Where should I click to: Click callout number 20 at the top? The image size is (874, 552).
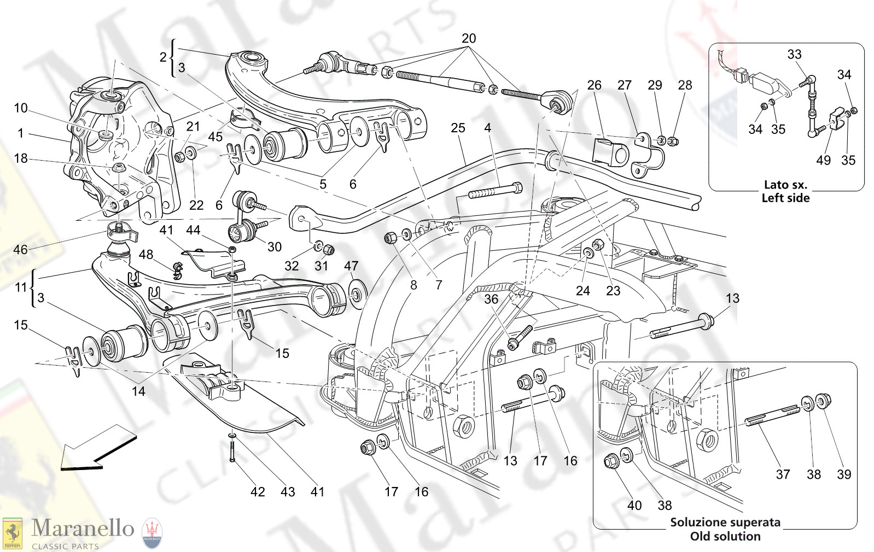[x=469, y=39]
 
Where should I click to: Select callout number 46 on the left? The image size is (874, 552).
[x=20, y=250]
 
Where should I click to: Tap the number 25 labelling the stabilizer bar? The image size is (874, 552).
[x=458, y=128]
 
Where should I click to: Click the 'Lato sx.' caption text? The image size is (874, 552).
[x=785, y=185]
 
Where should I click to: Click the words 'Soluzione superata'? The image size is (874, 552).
[x=725, y=522]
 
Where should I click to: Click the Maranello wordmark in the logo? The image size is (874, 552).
[x=83, y=528]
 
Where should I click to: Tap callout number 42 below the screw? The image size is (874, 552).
[x=258, y=492]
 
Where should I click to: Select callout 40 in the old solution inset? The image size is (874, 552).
[x=634, y=506]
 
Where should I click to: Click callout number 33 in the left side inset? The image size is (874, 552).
[x=794, y=54]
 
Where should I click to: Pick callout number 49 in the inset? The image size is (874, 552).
[x=823, y=160]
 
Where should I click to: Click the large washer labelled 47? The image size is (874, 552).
[x=357, y=295]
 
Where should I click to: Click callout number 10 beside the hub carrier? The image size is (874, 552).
[x=20, y=108]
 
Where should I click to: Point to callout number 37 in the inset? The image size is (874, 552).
[x=783, y=474]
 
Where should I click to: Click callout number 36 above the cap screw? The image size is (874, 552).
[x=491, y=299]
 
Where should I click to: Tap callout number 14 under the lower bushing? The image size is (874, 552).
[x=138, y=391]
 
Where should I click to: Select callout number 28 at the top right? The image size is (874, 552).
[x=685, y=85]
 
